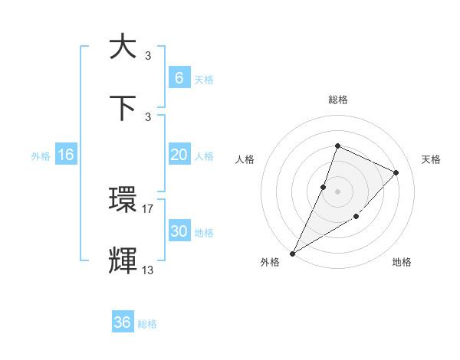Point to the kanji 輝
click(x=123, y=261)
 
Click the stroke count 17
click(x=148, y=208)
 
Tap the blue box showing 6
click(x=179, y=77)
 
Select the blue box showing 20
click(x=179, y=155)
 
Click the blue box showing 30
click(x=179, y=231)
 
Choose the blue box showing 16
click(x=66, y=155)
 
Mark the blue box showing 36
click(x=123, y=322)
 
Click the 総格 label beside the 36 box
click(x=147, y=324)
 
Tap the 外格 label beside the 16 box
click(x=41, y=156)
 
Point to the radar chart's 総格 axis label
click(x=337, y=100)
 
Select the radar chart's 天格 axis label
click(x=432, y=159)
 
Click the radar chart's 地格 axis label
click(x=402, y=263)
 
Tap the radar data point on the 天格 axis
click(x=396, y=172)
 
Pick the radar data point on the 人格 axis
click(x=324, y=187)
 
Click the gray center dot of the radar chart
click(x=337, y=191)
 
